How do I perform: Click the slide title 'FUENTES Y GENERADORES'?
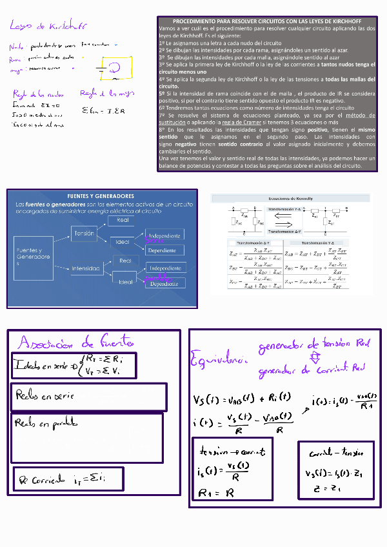(x=101, y=195)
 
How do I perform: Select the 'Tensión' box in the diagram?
(x=84, y=233)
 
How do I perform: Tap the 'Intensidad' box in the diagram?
(x=85, y=268)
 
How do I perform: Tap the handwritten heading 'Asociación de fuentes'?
(x=76, y=341)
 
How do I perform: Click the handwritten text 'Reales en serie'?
(x=45, y=395)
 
